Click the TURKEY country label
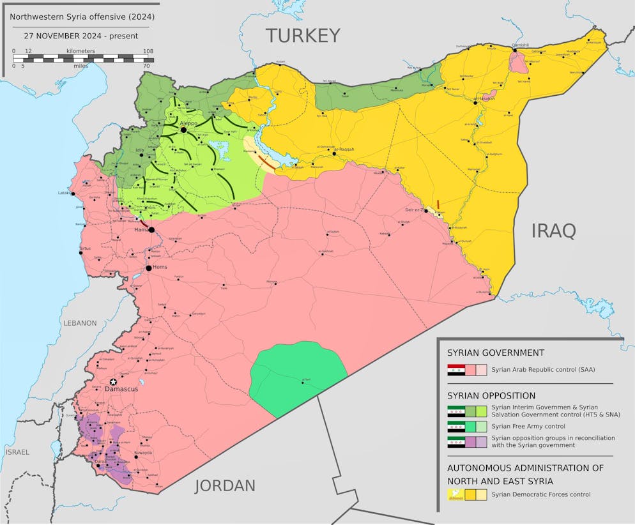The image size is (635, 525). point(303,35)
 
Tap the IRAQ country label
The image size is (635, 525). point(553,231)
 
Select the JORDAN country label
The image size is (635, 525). point(225,485)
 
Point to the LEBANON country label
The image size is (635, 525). point(80,323)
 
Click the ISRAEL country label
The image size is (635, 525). point(17,452)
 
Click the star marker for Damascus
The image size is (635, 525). point(113,381)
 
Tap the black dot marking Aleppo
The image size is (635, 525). point(183,130)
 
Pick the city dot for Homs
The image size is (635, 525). point(148,268)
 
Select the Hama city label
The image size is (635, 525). point(141,229)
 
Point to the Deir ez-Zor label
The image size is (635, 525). point(415,210)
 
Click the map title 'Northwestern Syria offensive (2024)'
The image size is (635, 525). point(81,16)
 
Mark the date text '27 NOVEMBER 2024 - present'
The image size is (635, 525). point(81,36)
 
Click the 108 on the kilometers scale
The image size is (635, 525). point(148,50)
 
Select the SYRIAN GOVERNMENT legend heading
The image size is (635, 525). point(496,353)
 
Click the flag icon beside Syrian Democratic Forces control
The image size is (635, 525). point(455,494)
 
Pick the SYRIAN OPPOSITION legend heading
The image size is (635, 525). point(491,395)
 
